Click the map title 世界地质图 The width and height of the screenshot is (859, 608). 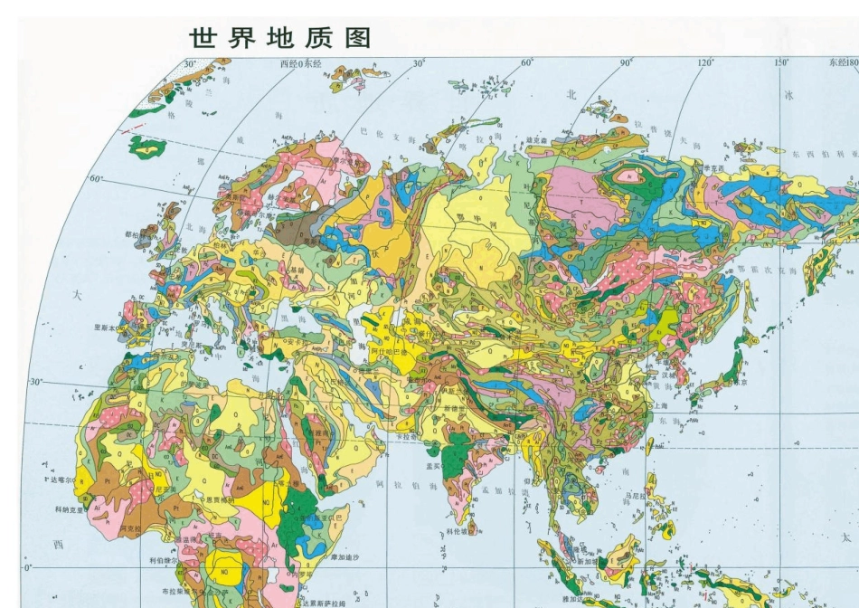point(280,38)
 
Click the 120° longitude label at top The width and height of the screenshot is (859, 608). point(706,62)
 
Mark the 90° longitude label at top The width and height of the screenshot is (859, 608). point(624,62)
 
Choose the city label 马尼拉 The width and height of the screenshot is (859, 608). point(637,497)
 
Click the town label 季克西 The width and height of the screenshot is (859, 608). point(715,168)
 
